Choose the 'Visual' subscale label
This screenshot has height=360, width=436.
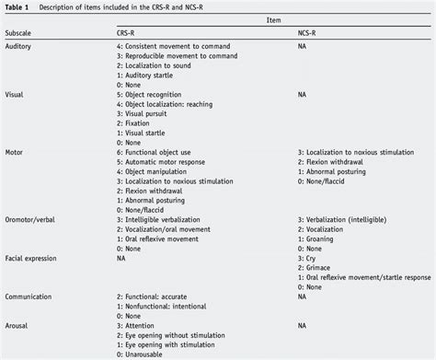pos(16,93)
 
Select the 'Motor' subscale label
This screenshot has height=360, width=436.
pos(16,151)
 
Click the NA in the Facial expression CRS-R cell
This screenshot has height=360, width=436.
pos(121,258)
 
